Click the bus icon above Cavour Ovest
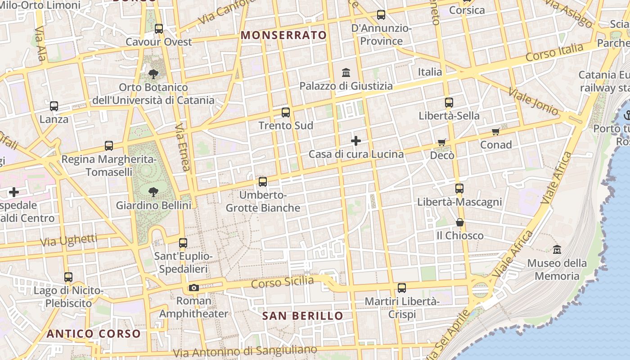pos(159,29)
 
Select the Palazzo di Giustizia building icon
pos(346,72)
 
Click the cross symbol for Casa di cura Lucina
pos(356,141)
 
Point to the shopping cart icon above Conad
pos(495,132)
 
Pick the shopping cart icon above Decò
pos(442,143)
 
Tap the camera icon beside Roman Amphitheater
pos(194,288)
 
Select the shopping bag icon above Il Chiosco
pos(459,222)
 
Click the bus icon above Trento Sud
pos(286,112)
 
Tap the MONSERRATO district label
pos(283,35)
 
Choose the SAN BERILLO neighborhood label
pos(302,316)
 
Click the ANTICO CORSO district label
pos(94,334)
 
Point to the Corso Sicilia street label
pos(282,283)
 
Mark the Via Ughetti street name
pos(68,240)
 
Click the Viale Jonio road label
pos(533,102)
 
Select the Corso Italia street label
pos(554,53)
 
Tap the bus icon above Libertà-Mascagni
pos(459,189)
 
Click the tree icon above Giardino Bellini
pos(153,192)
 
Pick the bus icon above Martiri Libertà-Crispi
pos(402,288)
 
